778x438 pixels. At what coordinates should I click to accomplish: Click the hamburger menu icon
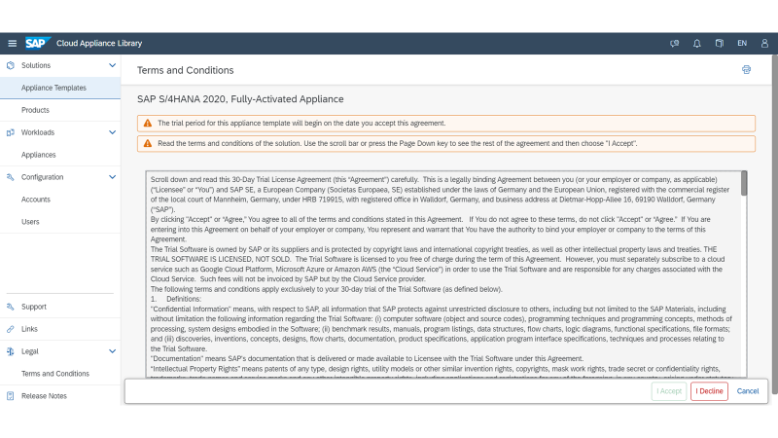12,43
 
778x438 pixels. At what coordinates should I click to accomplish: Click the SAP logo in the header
37,43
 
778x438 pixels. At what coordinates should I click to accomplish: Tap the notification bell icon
696,43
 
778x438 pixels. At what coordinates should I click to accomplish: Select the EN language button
742,43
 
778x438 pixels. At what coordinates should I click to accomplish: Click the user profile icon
764,43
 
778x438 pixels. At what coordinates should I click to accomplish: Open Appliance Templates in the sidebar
53,88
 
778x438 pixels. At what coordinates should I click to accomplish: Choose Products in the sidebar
35,110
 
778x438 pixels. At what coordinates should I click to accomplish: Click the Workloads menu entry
38,131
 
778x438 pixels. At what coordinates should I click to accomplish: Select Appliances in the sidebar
38,154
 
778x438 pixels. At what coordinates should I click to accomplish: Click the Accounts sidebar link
36,199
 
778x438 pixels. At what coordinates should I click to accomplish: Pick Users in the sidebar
31,221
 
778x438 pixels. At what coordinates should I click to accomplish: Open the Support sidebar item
34,307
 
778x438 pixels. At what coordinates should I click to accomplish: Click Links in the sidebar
29,329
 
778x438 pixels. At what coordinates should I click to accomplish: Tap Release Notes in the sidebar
44,396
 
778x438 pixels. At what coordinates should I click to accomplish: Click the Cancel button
748,391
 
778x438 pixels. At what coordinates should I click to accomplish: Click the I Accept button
668,391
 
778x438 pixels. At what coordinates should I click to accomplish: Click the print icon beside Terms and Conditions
746,70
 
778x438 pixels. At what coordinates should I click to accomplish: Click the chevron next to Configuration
112,177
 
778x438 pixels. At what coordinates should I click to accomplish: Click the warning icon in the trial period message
148,124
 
